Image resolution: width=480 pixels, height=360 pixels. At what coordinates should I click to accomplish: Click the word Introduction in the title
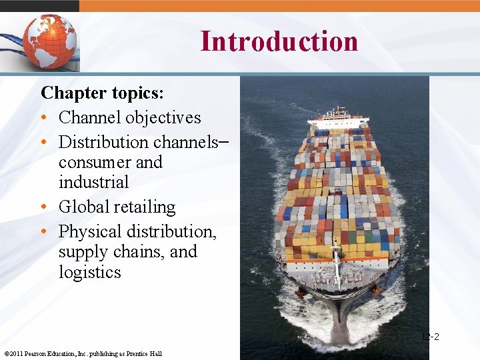click(279, 41)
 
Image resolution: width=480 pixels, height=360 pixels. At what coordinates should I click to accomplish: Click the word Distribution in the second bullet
click(103, 142)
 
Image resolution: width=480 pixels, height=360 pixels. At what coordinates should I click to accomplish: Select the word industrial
click(93, 182)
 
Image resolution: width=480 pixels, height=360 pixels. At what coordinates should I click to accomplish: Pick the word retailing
click(143, 207)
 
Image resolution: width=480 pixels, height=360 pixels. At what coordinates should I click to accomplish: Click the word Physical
click(87, 232)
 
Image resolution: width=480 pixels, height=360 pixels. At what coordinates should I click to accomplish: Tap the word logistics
click(89, 272)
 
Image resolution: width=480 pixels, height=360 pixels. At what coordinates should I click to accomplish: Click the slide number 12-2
click(430, 337)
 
